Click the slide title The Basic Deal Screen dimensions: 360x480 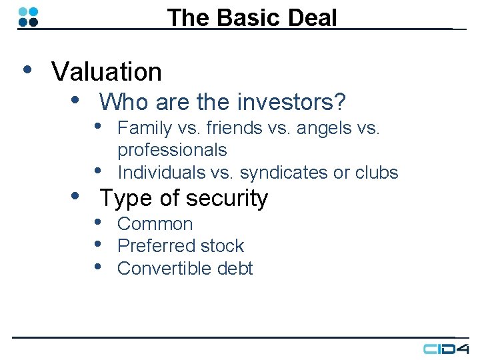252,17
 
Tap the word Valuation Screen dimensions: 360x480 107,72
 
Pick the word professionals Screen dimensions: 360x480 172,150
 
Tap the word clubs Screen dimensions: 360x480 377,172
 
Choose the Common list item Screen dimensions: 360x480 155,224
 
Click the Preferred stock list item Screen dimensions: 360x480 181,246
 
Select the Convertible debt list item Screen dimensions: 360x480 185,268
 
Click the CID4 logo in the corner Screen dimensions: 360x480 446,348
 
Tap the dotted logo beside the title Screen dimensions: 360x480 28,17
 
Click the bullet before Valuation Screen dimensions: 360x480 27,69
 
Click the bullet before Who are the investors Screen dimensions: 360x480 76,100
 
